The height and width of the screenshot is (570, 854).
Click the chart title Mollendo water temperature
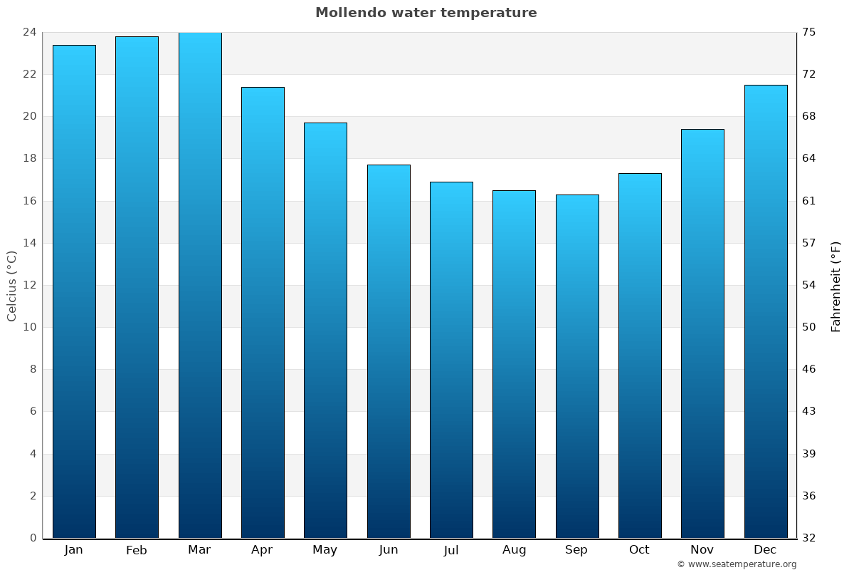[426, 13]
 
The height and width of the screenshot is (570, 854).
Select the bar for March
[200, 285]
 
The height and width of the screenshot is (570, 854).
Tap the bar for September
[577, 366]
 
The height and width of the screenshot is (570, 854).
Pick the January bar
[74, 291]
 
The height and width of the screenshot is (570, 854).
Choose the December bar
[766, 311]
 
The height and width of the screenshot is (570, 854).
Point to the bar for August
[514, 364]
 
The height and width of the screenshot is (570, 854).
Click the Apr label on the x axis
[262, 550]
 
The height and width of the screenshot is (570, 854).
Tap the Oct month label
[639, 550]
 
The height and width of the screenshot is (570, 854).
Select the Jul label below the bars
[451, 550]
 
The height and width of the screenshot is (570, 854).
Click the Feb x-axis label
[136, 550]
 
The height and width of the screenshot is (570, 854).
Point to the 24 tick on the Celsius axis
[29, 32]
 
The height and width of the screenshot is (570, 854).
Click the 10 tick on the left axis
[29, 327]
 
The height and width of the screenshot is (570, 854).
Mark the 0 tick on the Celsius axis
[33, 538]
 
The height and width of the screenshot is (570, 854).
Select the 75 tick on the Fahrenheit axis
[810, 32]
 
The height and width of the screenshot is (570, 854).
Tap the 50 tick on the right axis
[810, 327]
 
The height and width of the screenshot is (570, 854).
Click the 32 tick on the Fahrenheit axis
[810, 538]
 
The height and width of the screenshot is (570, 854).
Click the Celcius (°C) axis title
[11, 286]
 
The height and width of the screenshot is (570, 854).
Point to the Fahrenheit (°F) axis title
[835, 286]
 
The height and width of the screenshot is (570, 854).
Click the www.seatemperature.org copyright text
[737, 564]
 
